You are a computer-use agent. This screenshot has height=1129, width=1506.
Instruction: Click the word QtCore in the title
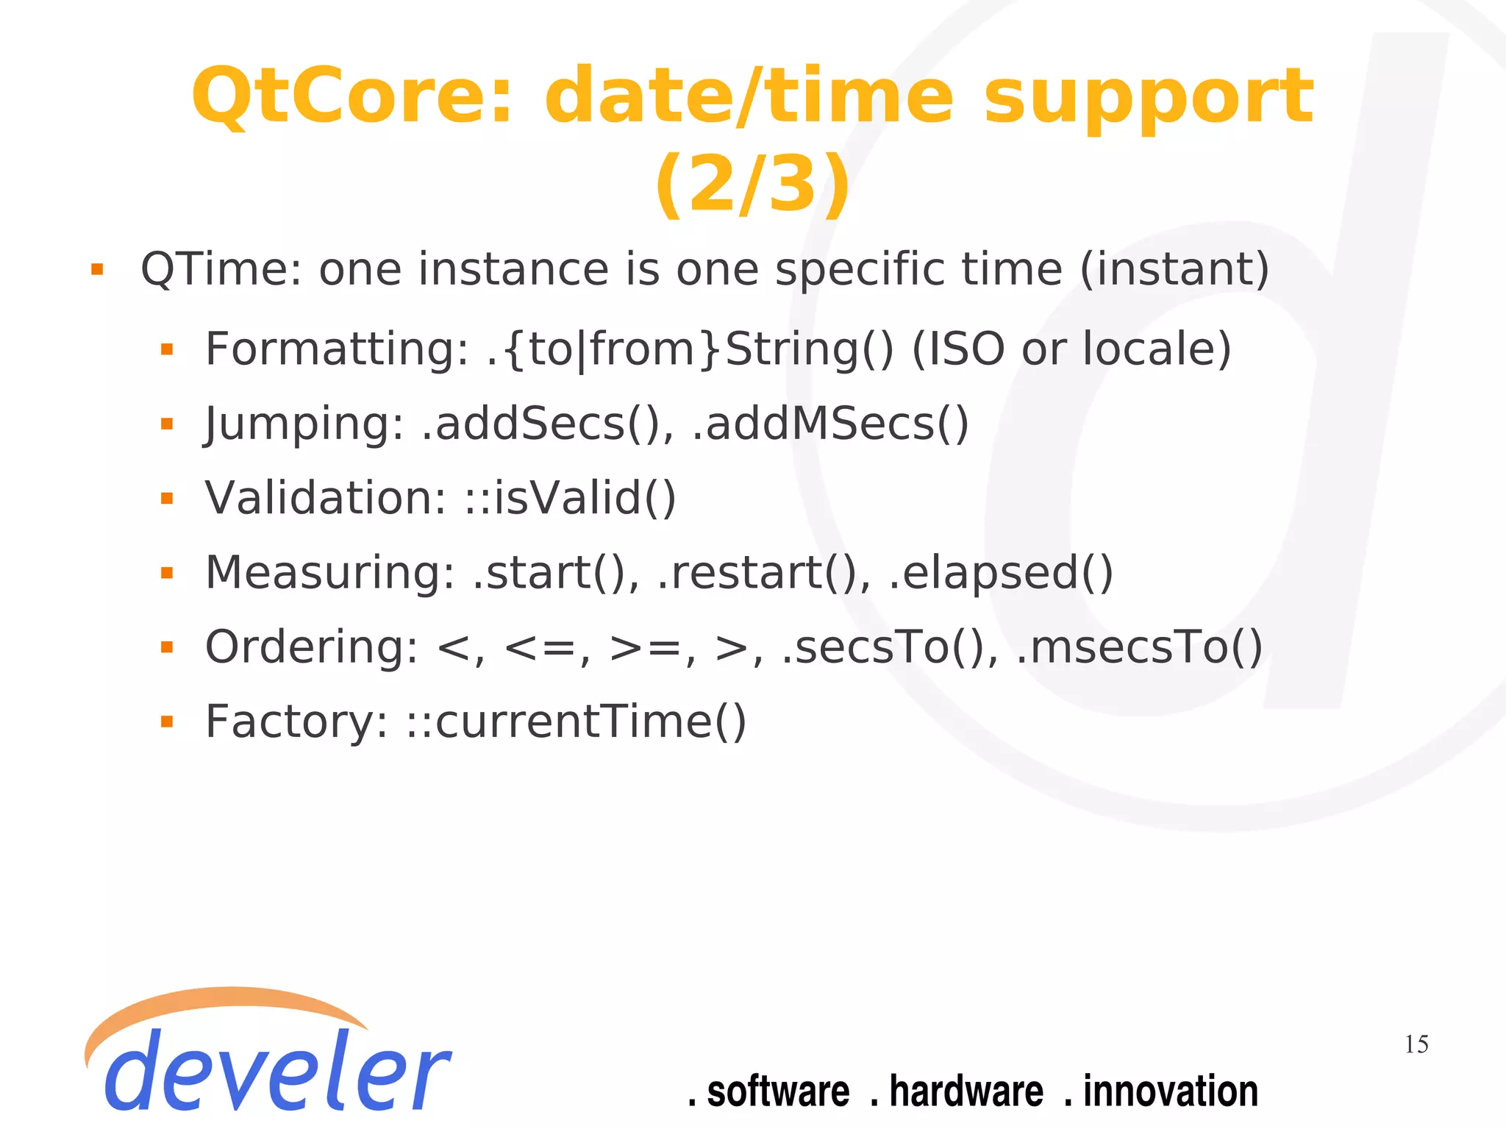[x=351, y=97]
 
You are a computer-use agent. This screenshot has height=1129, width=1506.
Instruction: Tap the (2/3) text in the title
[x=752, y=184]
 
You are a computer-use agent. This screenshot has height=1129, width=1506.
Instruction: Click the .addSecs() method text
[x=547, y=424]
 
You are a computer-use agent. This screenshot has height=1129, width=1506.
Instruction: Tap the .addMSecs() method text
[x=831, y=424]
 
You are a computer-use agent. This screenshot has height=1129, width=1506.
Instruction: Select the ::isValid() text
[x=570, y=498]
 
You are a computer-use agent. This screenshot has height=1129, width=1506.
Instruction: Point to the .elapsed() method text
[x=1001, y=573]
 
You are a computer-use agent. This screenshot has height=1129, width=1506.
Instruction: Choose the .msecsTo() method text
[x=1139, y=647]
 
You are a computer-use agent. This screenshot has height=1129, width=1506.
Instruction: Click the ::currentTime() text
[x=577, y=722]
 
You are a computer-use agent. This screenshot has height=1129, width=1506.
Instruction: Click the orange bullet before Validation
[x=167, y=499]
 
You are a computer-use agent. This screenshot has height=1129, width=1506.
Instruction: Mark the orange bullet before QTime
[x=97, y=269]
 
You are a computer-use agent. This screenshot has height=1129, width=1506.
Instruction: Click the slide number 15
[x=1416, y=1044]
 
